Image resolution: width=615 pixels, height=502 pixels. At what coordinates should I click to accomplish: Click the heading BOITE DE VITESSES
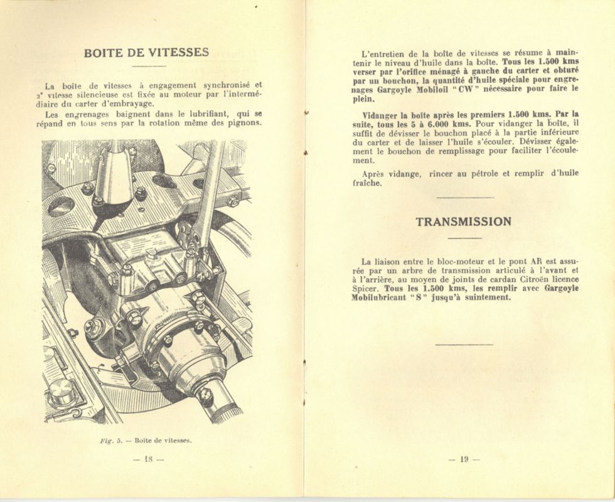click(x=146, y=53)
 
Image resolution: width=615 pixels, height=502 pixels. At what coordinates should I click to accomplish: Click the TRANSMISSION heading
click(x=463, y=222)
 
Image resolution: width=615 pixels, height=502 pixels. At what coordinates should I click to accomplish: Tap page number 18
click(x=149, y=459)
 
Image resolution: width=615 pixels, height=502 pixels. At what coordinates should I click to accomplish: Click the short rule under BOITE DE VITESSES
click(x=149, y=65)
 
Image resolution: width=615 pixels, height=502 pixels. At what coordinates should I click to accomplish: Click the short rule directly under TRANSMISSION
click(x=464, y=238)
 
